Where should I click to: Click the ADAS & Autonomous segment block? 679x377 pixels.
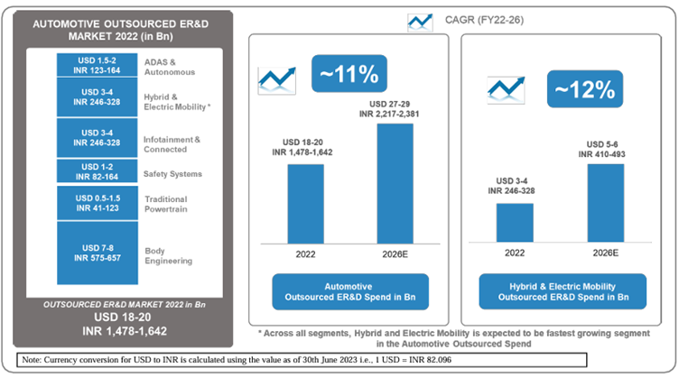(x=96, y=65)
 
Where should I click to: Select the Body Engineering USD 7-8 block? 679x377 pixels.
(x=96, y=254)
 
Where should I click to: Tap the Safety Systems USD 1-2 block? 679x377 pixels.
(x=96, y=171)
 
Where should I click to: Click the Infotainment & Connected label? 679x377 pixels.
(x=172, y=143)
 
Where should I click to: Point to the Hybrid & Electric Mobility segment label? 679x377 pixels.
(x=177, y=100)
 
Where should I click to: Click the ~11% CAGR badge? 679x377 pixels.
(x=344, y=74)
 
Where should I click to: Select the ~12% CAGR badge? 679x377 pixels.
(x=585, y=89)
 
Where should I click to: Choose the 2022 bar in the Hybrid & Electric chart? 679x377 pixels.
(x=515, y=222)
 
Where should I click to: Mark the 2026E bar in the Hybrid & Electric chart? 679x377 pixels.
(x=605, y=203)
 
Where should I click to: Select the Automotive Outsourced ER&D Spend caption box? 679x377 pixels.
(x=349, y=291)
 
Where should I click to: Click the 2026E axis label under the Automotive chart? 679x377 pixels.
(x=394, y=254)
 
